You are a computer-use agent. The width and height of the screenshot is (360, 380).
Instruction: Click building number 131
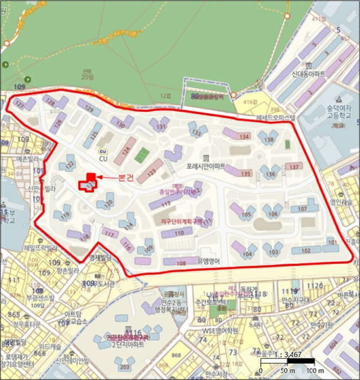coord(161,127)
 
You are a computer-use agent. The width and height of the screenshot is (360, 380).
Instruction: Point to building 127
coord(20,103)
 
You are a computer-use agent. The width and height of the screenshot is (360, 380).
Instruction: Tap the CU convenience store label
coord(103,158)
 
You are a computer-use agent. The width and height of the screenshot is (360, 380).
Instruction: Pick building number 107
coord(302,209)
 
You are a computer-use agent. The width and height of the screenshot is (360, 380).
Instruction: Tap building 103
coord(274,252)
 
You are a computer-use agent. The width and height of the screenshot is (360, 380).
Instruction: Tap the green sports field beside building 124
coord(141,155)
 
